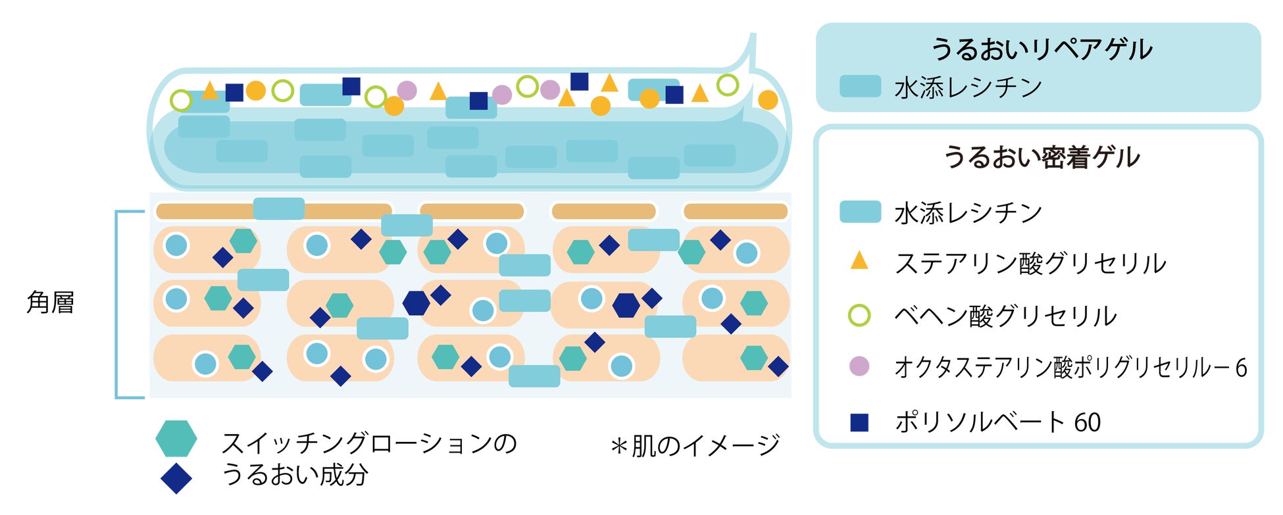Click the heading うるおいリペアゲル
(x=1042, y=49)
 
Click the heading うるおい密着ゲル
(x=1042, y=157)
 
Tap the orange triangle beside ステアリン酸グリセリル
(x=859, y=261)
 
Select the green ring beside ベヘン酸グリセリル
(x=859, y=316)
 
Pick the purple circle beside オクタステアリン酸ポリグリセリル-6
(x=859, y=366)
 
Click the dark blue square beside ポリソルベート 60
(x=859, y=422)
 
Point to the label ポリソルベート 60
(x=997, y=422)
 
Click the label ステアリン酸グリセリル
(x=1030, y=263)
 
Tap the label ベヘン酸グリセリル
(x=1005, y=316)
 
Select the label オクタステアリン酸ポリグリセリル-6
(x=1070, y=368)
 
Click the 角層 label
(x=51, y=303)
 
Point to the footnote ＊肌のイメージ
(x=695, y=446)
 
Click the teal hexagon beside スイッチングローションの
(x=176, y=439)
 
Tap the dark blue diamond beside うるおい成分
(x=176, y=478)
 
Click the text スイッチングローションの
(x=369, y=443)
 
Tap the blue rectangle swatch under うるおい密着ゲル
(x=860, y=212)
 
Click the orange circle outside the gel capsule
(x=768, y=100)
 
